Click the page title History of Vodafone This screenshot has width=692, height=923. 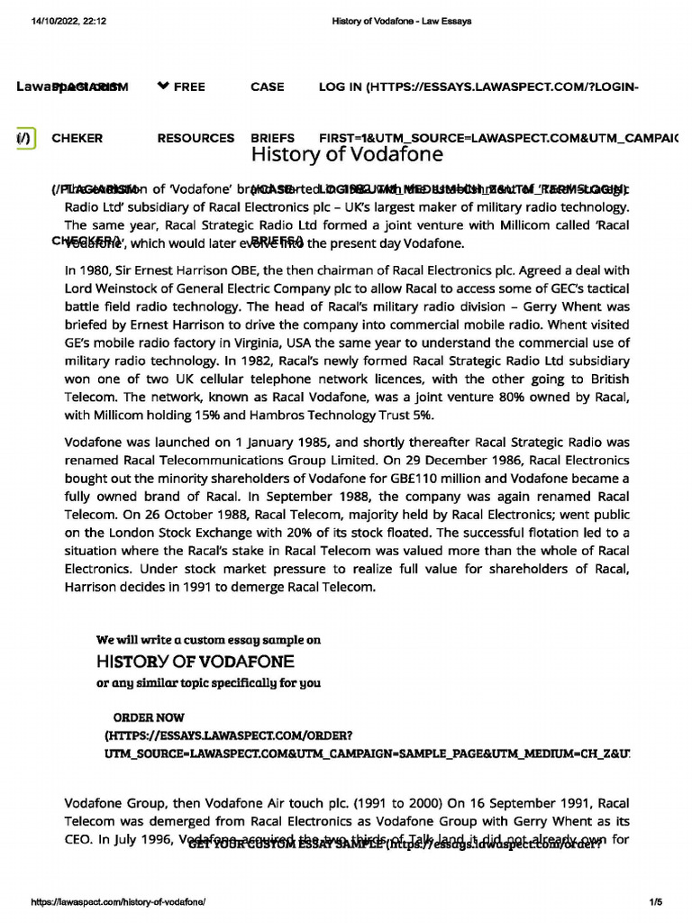347,155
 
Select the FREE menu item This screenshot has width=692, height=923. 181,87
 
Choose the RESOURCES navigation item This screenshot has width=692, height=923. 196,139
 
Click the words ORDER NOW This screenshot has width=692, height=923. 149,717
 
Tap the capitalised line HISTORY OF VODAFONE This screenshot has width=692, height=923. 196,661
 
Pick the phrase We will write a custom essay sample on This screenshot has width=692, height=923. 208,639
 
